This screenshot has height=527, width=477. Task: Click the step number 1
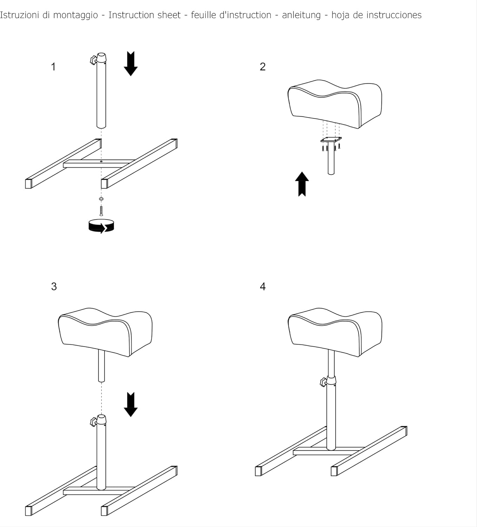point(53,67)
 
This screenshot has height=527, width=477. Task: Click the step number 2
point(263,67)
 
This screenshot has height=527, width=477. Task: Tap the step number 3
point(54,286)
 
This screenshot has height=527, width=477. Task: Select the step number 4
point(263,286)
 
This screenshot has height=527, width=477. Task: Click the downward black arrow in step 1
point(131,64)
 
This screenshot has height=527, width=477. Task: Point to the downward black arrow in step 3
point(131,404)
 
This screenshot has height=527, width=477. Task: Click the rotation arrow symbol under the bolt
point(101,226)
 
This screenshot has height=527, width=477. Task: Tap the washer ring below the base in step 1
point(101,199)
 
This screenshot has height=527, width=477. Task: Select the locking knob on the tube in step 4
point(323,382)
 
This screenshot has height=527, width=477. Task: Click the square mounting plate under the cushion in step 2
point(331,140)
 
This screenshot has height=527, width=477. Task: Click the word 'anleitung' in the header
point(301,15)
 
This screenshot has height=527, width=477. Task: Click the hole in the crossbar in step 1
point(101,162)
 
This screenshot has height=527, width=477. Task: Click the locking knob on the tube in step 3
point(93,422)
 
